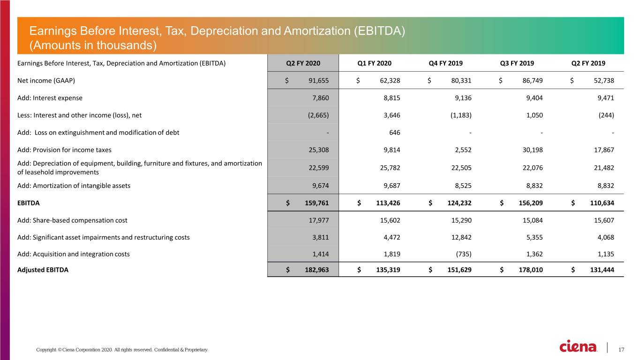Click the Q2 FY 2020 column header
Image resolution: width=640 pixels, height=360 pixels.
point(303,63)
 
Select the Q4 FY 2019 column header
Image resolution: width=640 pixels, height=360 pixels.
point(445,63)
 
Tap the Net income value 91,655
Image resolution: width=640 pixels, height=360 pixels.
point(318,81)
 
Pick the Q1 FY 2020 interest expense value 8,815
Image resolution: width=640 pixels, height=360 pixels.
point(392,98)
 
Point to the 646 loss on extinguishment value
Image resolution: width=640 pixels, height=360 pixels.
point(395,133)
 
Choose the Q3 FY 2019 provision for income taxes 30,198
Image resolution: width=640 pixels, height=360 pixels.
point(533,150)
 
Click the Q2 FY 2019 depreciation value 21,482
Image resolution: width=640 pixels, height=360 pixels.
point(604,168)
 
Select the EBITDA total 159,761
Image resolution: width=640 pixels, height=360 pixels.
point(317,203)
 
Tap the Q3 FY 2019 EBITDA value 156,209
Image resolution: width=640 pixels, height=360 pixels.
point(531,203)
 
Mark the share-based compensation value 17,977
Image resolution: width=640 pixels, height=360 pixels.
point(318,220)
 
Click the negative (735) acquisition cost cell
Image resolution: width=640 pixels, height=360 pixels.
point(463,254)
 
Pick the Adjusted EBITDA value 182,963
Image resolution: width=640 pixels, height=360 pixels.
point(317,270)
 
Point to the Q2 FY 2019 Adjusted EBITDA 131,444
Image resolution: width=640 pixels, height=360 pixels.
point(602,270)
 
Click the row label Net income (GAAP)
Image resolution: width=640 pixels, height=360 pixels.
point(46,81)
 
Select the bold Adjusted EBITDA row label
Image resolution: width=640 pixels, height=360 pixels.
point(43,270)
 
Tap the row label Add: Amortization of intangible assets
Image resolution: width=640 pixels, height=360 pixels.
point(74,186)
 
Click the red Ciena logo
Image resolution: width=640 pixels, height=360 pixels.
point(578,346)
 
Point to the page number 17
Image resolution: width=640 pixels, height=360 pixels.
point(621,350)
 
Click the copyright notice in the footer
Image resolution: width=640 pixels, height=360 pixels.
point(122,350)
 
